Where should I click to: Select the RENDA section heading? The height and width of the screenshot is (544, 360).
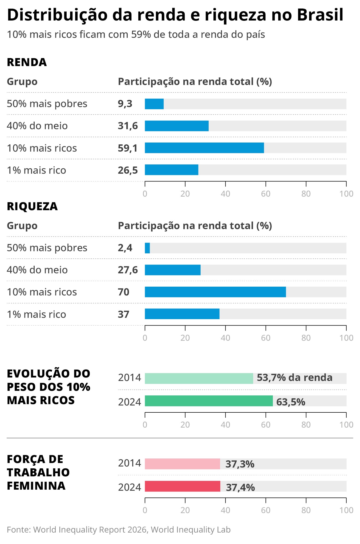[x=27, y=62]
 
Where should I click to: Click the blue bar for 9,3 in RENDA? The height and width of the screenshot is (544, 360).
[x=154, y=104]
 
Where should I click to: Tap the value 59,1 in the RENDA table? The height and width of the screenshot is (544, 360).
[x=128, y=148]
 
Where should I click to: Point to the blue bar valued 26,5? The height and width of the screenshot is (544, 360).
[x=171, y=170]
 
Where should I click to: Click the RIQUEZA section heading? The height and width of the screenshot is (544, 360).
[x=32, y=206]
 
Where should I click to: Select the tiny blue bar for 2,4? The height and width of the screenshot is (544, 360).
[x=147, y=248]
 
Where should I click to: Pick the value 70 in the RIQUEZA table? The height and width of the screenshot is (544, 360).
[x=123, y=292]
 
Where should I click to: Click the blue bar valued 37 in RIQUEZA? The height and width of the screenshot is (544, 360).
[x=182, y=314]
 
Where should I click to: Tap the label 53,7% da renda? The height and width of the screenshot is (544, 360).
[x=294, y=378]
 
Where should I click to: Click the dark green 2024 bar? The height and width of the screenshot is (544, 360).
[x=209, y=401]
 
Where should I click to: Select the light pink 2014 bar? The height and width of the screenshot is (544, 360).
[x=182, y=464]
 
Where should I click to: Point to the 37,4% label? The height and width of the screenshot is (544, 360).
[x=240, y=488]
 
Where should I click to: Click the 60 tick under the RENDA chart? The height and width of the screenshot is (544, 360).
[x=266, y=194]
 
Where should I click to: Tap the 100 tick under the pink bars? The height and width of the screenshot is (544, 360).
[x=346, y=510]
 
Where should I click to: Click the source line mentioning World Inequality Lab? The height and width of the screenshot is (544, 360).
[x=119, y=530]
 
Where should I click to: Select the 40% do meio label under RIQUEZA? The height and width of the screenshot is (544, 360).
[x=37, y=270]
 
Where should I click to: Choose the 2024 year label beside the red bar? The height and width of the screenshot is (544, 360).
[x=130, y=487]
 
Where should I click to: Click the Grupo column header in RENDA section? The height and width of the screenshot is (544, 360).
[x=22, y=82]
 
